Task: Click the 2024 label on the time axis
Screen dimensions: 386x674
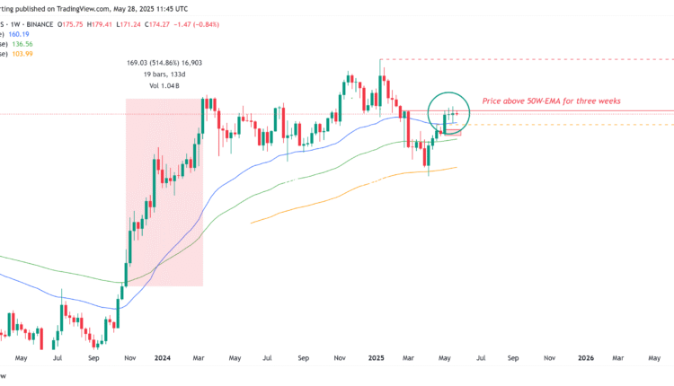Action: coord(165,357)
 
